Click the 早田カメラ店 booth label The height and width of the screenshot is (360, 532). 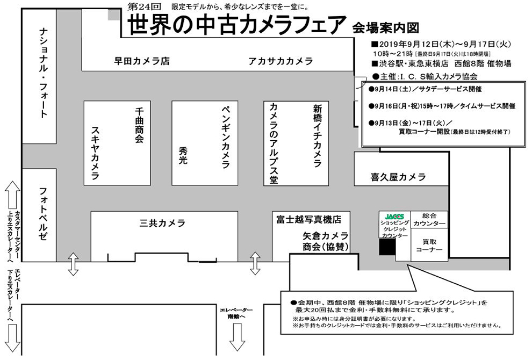pyautogui.click(x=142, y=61)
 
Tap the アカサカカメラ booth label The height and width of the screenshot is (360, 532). pyautogui.click(x=281, y=61)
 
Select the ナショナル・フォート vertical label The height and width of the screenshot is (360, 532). pyautogui.click(x=44, y=73)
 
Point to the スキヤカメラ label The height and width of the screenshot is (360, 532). pyautogui.click(x=95, y=153)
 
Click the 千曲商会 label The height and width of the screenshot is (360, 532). pyautogui.click(x=139, y=125)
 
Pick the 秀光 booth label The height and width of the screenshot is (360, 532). pyautogui.click(x=183, y=155)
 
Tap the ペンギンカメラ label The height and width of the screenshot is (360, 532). pyautogui.click(x=226, y=137)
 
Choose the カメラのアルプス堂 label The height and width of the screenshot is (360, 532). pyautogui.click(x=274, y=143)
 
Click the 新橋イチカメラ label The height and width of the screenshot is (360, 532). pyautogui.click(x=318, y=136)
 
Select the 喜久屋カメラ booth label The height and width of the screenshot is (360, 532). pyautogui.click(x=398, y=177)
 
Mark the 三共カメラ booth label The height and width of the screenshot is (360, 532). pyautogui.click(x=162, y=223)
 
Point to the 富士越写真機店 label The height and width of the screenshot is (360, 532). pyautogui.click(x=308, y=220)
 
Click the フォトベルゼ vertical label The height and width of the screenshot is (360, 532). pyautogui.click(x=44, y=214)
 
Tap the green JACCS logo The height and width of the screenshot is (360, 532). pyautogui.click(x=394, y=216)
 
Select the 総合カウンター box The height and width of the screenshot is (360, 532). pyautogui.click(x=429, y=220)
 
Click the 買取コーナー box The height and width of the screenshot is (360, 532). pyautogui.click(x=429, y=245)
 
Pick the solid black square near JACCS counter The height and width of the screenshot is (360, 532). pyautogui.click(x=387, y=247)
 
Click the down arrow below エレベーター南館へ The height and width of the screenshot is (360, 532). pyautogui.click(x=237, y=336)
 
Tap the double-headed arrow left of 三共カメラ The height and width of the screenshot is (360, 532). pyautogui.click(x=73, y=264)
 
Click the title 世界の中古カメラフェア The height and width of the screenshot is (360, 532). pyautogui.click(x=237, y=24)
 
